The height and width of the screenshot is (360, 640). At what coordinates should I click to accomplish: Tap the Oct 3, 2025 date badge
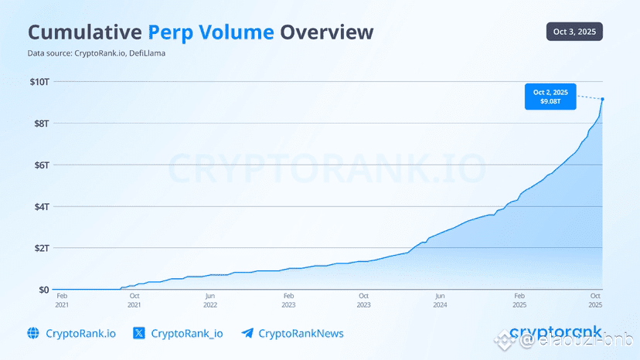[573, 32]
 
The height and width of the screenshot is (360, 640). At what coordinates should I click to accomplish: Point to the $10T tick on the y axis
[39, 81]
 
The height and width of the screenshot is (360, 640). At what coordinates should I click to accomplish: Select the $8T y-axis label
[40, 123]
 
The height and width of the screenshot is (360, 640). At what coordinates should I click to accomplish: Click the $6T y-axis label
[40, 165]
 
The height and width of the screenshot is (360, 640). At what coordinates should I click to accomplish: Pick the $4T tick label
[40, 206]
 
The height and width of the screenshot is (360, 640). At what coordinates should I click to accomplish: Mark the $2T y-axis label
[40, 248]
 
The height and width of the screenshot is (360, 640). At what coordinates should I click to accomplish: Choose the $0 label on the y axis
[43, 290]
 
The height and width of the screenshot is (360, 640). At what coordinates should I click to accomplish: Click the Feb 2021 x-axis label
[62, 300]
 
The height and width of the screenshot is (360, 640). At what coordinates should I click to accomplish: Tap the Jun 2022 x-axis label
[209, 300]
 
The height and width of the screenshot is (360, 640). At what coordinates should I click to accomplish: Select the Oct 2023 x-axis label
[363, 300]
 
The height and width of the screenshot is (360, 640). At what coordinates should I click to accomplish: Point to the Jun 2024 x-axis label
[439, 300]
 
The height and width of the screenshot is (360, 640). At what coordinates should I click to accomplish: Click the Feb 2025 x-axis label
[520, 300]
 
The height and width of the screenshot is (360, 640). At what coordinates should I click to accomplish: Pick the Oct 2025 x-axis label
[595, 300]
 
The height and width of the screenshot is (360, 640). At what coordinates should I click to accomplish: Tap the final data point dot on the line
[602, 99]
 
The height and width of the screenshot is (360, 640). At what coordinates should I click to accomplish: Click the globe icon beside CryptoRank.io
[33, 334]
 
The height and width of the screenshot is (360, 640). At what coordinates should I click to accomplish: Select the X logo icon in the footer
[138, 334]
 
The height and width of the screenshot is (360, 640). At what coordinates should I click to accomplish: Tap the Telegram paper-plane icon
[247, 334]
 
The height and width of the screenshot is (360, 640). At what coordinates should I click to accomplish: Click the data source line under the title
[97, 53]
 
